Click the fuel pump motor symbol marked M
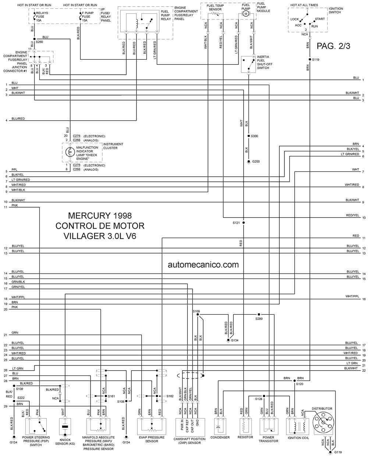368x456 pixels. click(245, 14)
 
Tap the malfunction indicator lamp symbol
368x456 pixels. click(70, 152)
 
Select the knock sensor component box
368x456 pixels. click(65, 427)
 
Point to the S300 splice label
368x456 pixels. click(254, 136)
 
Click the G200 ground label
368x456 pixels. click(256, 162)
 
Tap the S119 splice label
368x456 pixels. click(315, 60)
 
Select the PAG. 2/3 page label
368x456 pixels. click(333, 46)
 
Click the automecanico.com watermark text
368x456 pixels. click(203, 265)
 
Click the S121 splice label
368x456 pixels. click(236, 223)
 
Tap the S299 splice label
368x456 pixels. click(259, 319)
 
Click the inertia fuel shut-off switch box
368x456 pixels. click(248, 64)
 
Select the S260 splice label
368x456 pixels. click(39, 42)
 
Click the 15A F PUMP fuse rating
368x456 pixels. click(85, 20)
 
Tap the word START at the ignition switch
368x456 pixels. click(320, 19)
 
